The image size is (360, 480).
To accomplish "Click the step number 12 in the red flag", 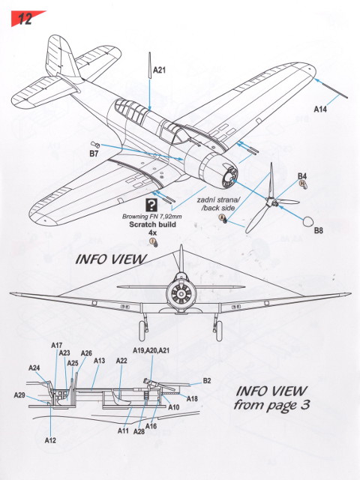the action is pyautogui.click(x=25, y=19).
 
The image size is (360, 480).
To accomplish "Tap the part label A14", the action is pyautogui.click(x=320, y=109).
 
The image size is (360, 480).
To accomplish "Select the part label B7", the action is pyautogui.click(x=94, y=153).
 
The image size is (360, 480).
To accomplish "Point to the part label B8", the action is pyautogui.click(x=318, y=230).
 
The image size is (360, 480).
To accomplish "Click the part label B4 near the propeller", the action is pyautogui.click(x=302, y=176).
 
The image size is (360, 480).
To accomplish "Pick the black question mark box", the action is pyautogui.click(x=151, y=205).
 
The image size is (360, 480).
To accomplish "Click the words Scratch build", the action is pyautogui.click(x=152, y=224).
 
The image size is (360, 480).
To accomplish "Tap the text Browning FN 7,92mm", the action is pyautogui.click(x=151, y=217).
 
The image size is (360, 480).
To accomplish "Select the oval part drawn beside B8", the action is pyautogui.click(x=307, y=222).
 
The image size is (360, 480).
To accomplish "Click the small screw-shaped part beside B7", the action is pyautogui.click(x=95, y=145).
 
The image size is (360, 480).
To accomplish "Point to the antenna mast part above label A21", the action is pyautogui.click(x=150, y=65).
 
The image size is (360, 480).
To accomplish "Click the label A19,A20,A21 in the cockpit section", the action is pyautogui.click(x=151, y=350).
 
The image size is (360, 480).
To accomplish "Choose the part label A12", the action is pyautogui.click(x=50, y=440).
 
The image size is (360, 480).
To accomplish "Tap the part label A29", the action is pyautogui.click(x=19, y=395).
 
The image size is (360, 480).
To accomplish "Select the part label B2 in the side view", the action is pyautogui.click(x=207, y=381).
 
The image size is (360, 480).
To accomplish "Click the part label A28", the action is pyautogui.click(x=139, y=431).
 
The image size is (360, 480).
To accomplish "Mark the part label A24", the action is pyautogui.click(x=34, y=367).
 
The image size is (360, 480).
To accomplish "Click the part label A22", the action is pyautogui.click(x=121, y=361).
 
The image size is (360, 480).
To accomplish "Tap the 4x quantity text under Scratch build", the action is pyautogui.click(x=152, y=232).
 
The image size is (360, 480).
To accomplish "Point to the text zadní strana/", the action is pyautogui.click(x=218, y=200).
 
